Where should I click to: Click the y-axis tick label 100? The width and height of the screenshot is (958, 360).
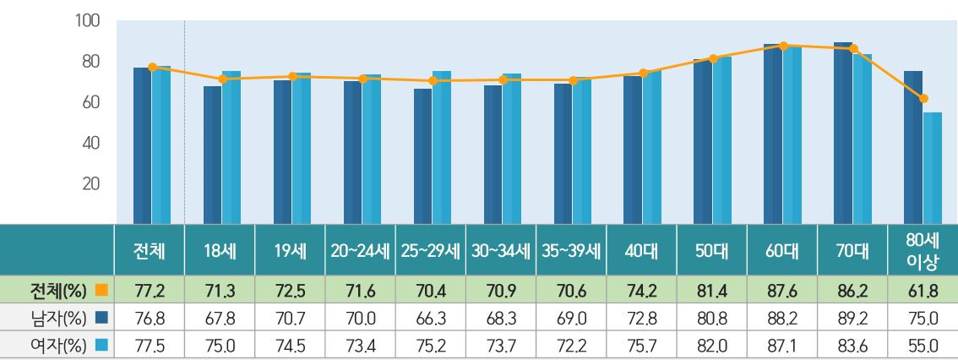pyautogui.click(x=89, y=20)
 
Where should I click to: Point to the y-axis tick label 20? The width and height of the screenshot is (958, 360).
pyautogui.click(x=91, y=183)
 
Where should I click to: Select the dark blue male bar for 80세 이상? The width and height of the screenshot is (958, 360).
pyautogui.click(x=913, y=146)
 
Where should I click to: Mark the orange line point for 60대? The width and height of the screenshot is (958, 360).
pyautogui.click(x=784, y=46)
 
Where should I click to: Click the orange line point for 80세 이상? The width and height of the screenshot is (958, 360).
pyautogui.click(x=923, y=98)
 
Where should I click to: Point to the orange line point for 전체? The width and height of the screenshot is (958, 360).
pyautogui.click(x=152, y=67)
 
